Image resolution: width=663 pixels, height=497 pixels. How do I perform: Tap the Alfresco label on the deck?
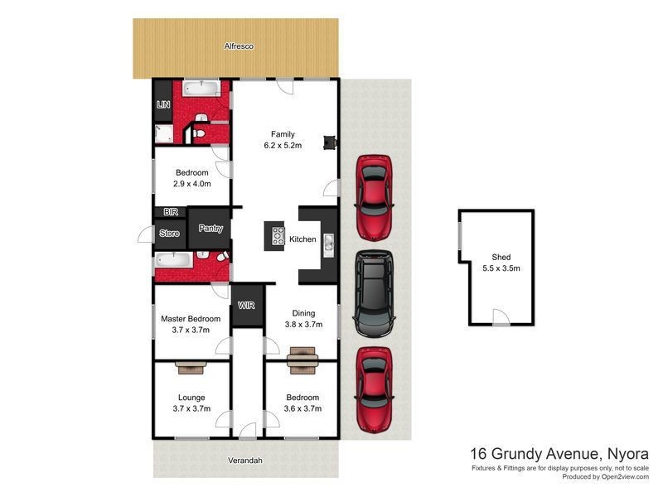pyautogui.click(x=238, y=47)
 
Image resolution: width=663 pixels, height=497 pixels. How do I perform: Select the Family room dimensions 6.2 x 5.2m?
pyautogui.click(x=283, y=145)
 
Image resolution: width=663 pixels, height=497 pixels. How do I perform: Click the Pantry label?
pyautogui.click(x=211, y=229)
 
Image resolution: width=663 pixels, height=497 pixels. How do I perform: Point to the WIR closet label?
pyautogui.click(x=247, y=306)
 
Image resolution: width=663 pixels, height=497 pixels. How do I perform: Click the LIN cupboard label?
pyautogui.click(x=162, y=105)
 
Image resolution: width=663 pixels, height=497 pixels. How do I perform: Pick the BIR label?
pyautogui.click(x=170, y=212)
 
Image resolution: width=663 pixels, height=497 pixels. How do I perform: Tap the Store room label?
pyautogui.click(x=169, y=234)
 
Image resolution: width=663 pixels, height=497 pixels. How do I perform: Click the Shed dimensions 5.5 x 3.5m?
pyautogui.click(x=501, y=268)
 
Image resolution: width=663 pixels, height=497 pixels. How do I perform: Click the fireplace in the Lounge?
pyautogui.click(x=191, y=367)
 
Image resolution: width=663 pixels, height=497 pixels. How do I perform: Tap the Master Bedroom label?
pyautogui.click(x=191, y=319)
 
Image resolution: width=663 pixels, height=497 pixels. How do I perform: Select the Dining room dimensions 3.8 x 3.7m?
pyautogui.click(x=303, y=325)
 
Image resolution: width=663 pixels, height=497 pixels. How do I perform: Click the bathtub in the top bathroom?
pyautogui.click(x=201, y=87)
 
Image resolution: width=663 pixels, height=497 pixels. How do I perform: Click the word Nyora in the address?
pyautogui.click(x=622, y=453)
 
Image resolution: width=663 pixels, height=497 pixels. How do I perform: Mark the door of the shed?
pyautogui.click(x=499, y=318)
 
